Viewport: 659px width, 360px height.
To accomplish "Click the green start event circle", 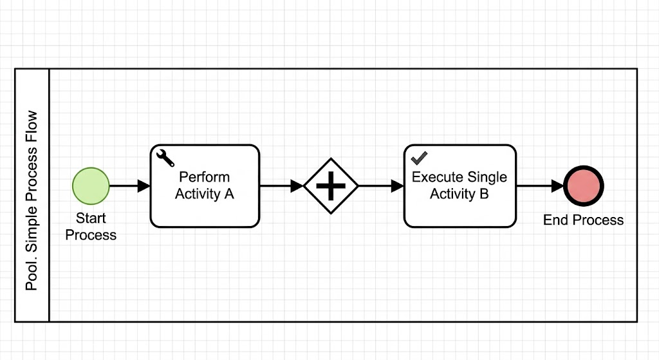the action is pos(91,186).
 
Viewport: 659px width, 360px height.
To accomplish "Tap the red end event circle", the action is pos(583,186).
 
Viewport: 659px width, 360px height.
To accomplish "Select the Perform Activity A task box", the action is pos(205,186).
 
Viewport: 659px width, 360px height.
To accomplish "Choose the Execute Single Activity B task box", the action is pos(459,186).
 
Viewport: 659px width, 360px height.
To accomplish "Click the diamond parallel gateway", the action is pos(331,186).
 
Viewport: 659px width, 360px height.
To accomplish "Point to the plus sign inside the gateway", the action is pos(331,186).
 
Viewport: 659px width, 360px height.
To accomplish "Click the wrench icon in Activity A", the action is pos(165,158).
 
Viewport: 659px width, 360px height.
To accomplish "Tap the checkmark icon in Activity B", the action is pos(419,158).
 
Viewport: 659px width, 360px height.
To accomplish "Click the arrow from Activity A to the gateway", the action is pos(282,186).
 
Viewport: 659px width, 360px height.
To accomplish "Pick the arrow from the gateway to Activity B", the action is pos(381,186).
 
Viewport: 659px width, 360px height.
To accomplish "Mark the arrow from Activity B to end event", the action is pos(540,186).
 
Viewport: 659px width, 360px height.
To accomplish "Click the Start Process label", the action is pos(91,226).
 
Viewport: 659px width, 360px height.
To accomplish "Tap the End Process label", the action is pos(583,220).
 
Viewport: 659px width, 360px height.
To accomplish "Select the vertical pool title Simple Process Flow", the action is pos(32,200).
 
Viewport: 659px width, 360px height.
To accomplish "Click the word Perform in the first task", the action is pos(204,176).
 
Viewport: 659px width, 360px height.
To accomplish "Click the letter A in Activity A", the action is pos(228,194).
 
